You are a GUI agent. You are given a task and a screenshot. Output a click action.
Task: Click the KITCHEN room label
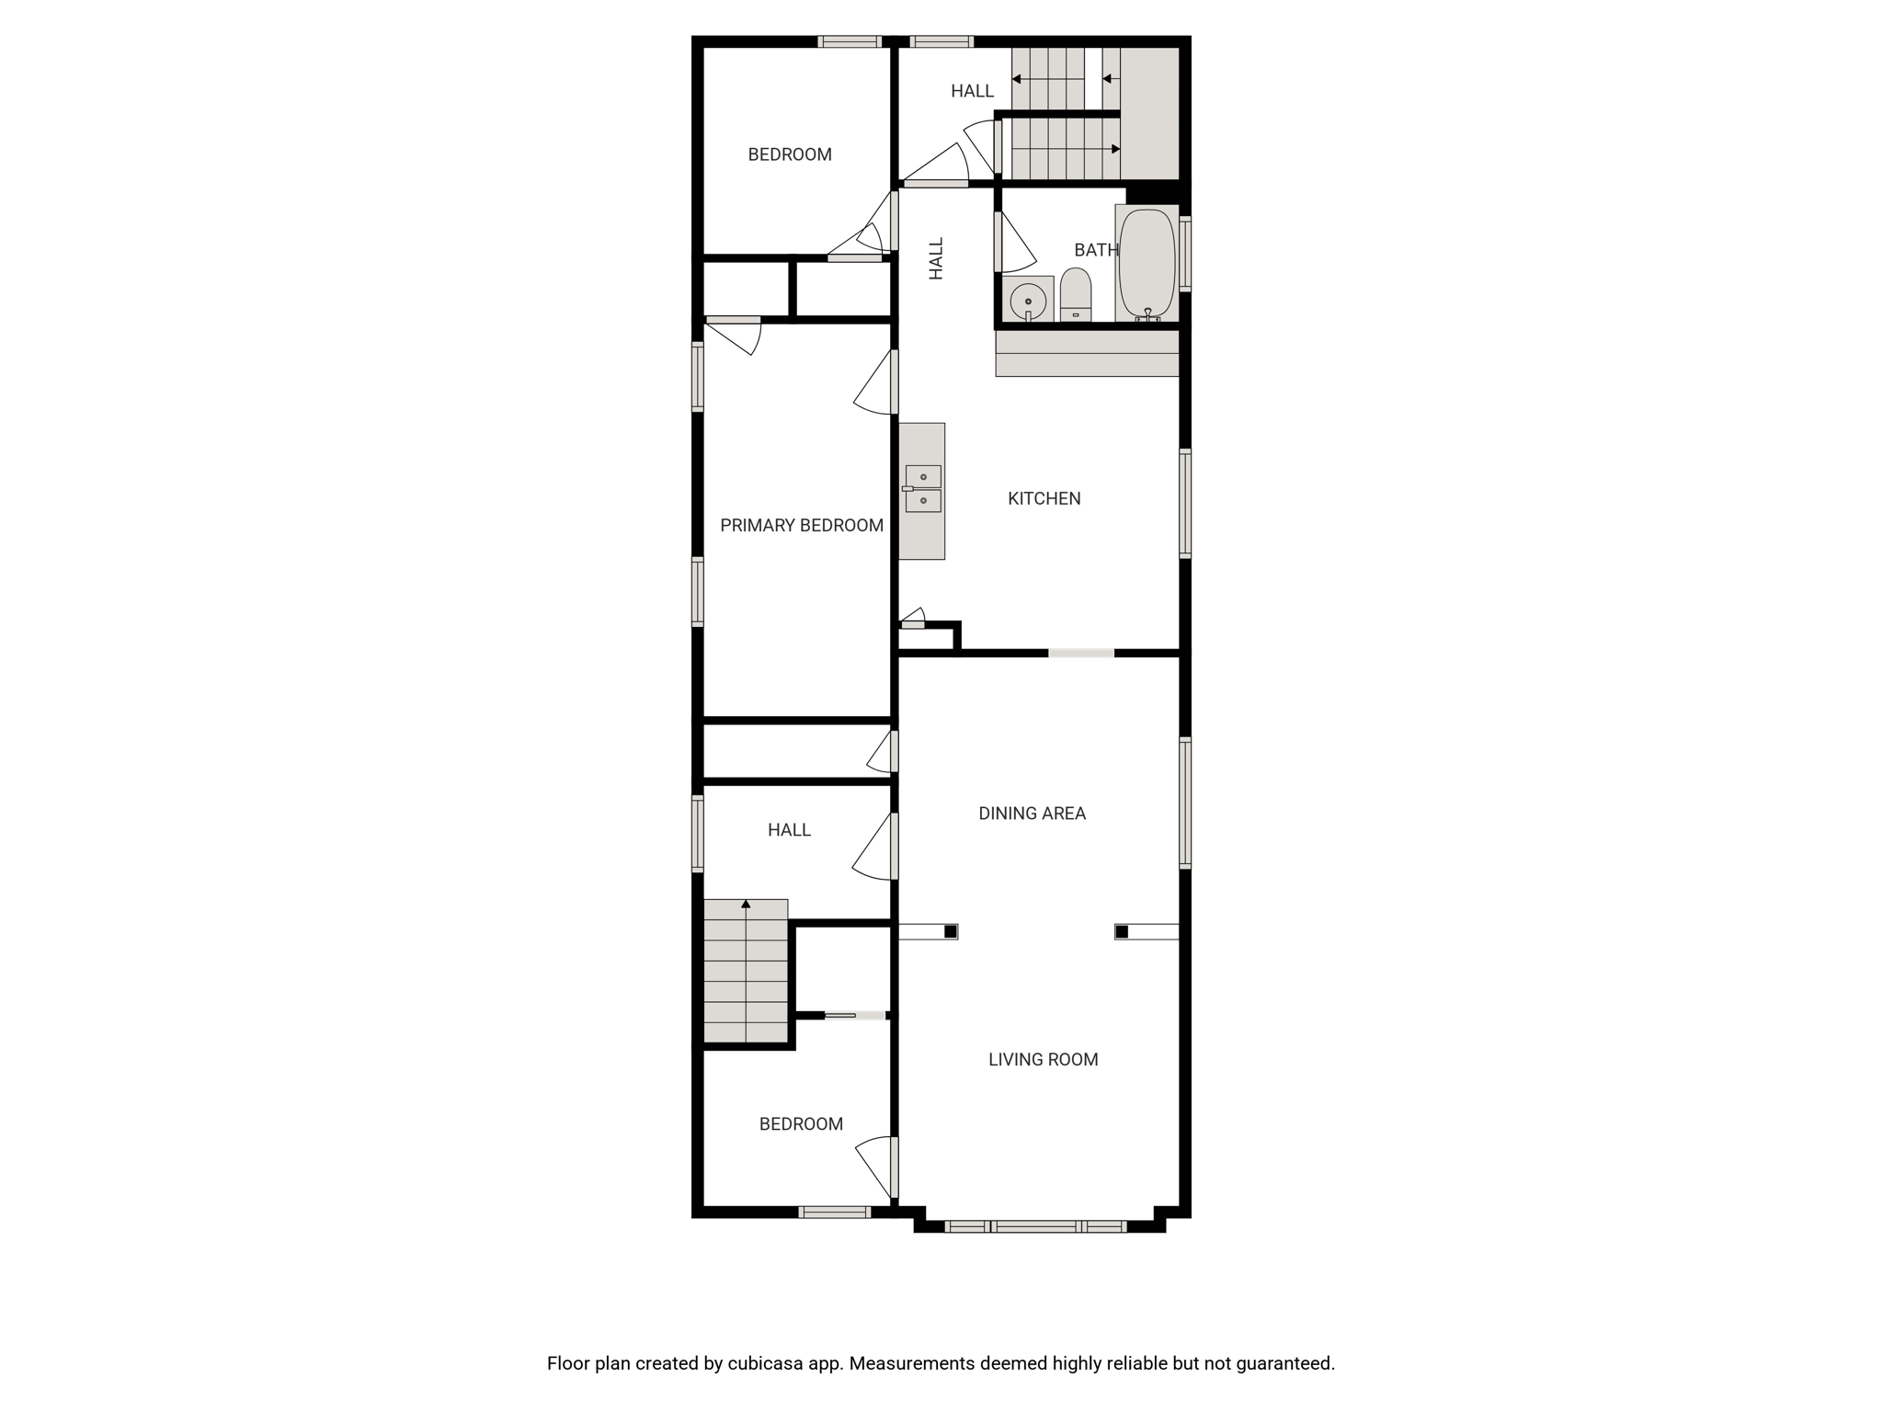point(1044,498)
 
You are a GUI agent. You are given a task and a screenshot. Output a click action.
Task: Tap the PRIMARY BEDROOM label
point(802,525)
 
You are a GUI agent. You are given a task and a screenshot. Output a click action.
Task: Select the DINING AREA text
point(1032,814)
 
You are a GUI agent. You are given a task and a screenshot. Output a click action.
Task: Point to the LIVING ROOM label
point(1043,1060)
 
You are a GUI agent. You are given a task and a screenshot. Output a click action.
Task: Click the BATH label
point(1096,250)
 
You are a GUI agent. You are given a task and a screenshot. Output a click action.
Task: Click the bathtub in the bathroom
point(1147,264)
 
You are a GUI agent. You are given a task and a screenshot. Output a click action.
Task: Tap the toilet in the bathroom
point(1076,295)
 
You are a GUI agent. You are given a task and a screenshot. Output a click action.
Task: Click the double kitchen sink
point(923,489)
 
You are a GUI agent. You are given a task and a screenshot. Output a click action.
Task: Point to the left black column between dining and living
point(951,932)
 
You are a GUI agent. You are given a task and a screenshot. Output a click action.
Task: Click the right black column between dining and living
point(1122,932)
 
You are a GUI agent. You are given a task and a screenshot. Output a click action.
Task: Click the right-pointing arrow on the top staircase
point(1067,149)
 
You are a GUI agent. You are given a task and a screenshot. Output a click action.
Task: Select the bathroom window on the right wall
point(1185,254)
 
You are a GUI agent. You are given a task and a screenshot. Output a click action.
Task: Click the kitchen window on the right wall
point(1185,504)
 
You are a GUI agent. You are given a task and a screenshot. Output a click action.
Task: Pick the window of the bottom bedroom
point(834,1213)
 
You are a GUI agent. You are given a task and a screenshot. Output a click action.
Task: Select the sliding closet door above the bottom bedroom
point(855,1016)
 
